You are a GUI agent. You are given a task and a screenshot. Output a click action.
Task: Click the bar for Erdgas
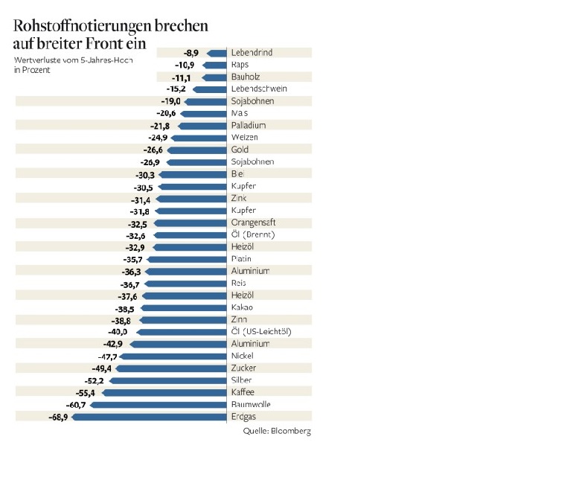pyautogui.click(x=149, y=417)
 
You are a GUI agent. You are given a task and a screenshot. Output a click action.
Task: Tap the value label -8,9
pyautogui.click(x=191, y=53)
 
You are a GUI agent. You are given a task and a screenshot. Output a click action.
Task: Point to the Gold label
pyautogui.click(x=241, y=150)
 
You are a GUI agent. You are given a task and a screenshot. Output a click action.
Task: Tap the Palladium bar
pyautogui.click(x=202, y=126)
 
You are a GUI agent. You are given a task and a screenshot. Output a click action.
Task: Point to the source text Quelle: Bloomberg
pyautogui.click(x=277, y=431)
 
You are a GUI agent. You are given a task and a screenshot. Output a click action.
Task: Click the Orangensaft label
pyautogui.click(x=257, y=223)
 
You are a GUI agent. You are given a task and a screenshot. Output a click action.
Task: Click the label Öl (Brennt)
pyautogui.click(x=254, y=234)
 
